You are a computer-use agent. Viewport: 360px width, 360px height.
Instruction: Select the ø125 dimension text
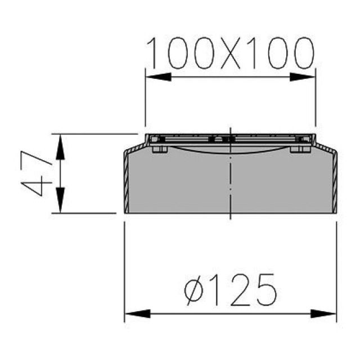pos(231,290)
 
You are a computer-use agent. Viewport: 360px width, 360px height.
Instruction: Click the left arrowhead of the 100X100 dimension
pos(157,77)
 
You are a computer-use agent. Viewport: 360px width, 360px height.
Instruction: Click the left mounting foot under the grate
pos(159,149)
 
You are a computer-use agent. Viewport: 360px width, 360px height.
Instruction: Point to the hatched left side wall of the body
pos(127,183)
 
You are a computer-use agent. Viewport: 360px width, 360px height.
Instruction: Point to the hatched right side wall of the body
pos(334,183)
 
